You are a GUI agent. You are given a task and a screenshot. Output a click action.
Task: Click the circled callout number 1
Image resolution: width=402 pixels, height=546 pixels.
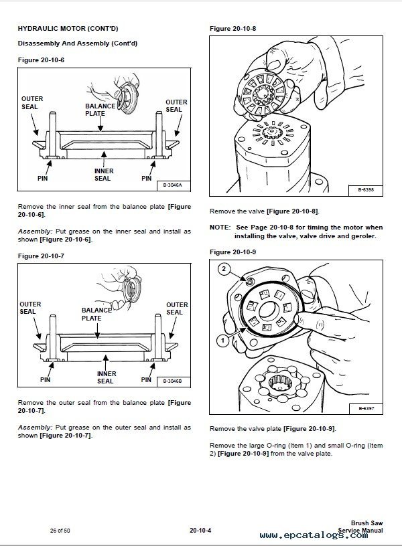tap(220, 340)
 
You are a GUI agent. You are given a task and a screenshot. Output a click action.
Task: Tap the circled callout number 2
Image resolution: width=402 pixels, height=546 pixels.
tap(224, 269)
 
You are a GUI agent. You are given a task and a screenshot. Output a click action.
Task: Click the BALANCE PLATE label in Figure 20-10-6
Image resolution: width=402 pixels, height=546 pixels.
tap(94, 110)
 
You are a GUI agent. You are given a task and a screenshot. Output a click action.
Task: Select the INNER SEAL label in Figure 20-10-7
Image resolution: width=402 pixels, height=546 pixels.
tap(106, 377)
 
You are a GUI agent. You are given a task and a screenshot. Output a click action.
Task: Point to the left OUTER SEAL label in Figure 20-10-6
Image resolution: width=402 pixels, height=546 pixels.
tap(31, 103)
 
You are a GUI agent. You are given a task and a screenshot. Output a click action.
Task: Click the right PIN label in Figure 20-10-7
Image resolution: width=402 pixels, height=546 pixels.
tap(146, 379)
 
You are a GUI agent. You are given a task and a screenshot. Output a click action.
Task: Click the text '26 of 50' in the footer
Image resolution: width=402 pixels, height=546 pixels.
tap(60, 530)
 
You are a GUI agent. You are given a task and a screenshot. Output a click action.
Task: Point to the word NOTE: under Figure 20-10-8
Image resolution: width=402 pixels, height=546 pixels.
tap(220, 227)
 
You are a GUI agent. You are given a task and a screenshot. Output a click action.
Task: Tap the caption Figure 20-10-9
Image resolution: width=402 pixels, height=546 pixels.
tap(233, 252)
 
